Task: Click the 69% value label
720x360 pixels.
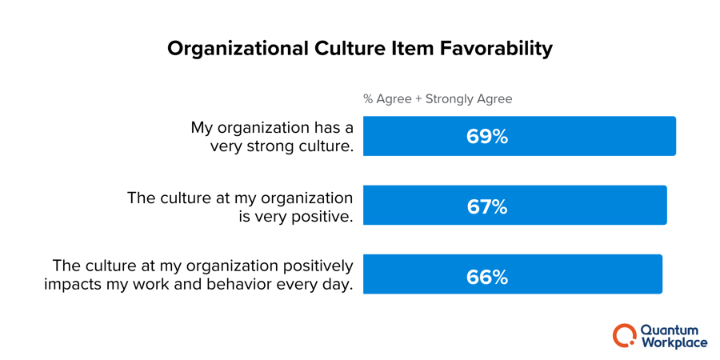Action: [486, 137]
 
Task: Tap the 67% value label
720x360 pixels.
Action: [486, 206]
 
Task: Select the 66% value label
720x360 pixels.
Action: [486, 277]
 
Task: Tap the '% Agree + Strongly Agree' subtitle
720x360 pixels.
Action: [438, 99]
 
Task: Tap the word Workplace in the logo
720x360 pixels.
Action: [674, 342]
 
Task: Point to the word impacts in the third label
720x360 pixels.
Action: [73, 285]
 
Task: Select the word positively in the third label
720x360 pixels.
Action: [313, 266]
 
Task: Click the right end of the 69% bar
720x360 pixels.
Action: [674, 136]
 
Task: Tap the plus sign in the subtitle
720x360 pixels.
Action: [419, 99]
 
